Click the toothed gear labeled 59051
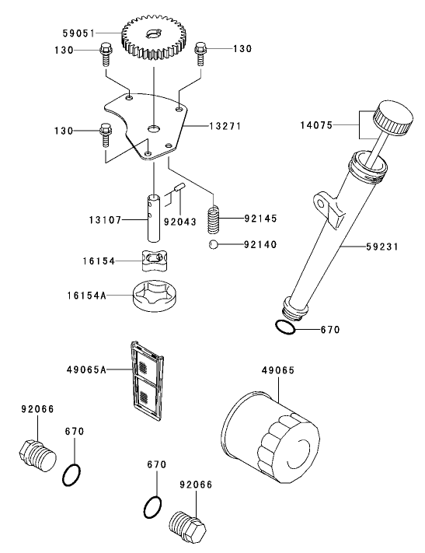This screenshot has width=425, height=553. pyautogui.click(x=154, y=38)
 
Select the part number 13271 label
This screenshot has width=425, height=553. pyautogui.click(x=225, y=126)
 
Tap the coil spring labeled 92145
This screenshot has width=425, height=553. pyautogui.click(x=214, y=219)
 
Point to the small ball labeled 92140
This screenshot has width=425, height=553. pyautogui.click(x=213, y=244)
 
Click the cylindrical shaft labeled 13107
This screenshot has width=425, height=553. pyautogui.click(x=154, y=218)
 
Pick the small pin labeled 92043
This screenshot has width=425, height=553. pyautogui.click(x=179, y=187)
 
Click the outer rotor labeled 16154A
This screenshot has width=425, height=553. pyautogui.click(x=156, y=296)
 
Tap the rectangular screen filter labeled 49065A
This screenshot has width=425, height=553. pyautogui.click(x=148, y=381)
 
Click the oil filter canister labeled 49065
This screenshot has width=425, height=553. pyautogui.click(x=272, y=437)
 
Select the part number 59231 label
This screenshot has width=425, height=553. pyautogui.click(x=382, y=247)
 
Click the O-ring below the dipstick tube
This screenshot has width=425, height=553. pyautogui.click(x=285, y=327)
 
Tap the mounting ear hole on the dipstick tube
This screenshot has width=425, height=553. pyautogui.click(x=321, y=204)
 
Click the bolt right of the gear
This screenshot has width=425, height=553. pyautogui.click(x=200, y=53)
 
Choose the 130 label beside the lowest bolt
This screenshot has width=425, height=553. pyautogui.click(x=64, y=131)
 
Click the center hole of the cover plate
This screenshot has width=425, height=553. pyautogui.click(x=154, y=128)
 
